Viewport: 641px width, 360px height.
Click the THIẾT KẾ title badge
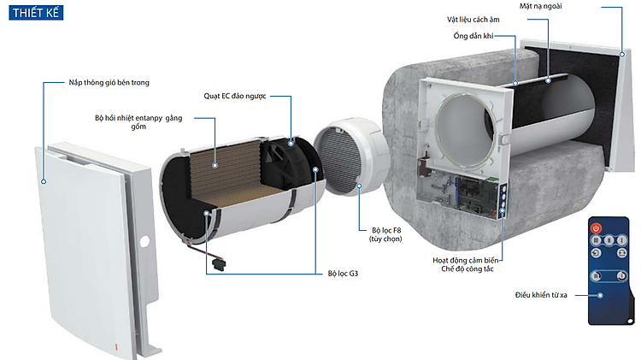point(36,13)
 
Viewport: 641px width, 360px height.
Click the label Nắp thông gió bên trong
point(109,83)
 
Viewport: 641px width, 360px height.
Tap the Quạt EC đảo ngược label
point(235,96)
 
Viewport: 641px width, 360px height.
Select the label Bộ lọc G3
point(343,274)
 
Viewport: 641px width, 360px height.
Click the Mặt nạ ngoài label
point(540,6)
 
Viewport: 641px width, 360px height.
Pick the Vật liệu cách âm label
point(473,20)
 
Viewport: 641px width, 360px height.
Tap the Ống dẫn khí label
point(473,36)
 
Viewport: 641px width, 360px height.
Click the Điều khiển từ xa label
point(541,295)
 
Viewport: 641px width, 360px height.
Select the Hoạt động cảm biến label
point(466,260)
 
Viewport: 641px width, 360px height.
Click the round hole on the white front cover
point(144,241)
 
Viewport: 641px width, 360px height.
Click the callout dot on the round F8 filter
point(359,186)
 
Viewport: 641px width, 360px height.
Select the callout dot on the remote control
point(600,295)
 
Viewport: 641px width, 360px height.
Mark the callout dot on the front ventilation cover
point(44,181)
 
